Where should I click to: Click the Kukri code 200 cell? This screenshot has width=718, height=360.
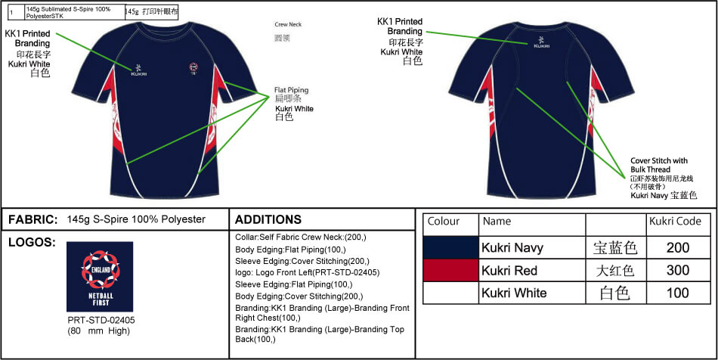[678, 247]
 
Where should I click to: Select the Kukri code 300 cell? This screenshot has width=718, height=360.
[678, 270]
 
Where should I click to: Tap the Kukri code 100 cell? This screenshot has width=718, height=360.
[678, 293]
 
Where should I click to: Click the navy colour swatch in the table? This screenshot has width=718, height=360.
[451, 247]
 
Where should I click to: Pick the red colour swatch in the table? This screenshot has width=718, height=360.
[451, 270]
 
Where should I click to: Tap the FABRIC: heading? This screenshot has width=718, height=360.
[33, 219]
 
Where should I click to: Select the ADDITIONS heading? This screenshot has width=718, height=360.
[268, 219]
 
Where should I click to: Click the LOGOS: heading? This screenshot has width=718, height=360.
[31, 243]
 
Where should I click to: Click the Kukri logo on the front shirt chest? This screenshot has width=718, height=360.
[139, 70]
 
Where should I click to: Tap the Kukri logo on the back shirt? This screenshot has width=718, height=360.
[541, 42]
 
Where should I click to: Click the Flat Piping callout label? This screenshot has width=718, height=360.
[291, 90]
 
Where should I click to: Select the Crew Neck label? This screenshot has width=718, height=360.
[288, 24]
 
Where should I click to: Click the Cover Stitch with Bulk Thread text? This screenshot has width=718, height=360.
[659, 164]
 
